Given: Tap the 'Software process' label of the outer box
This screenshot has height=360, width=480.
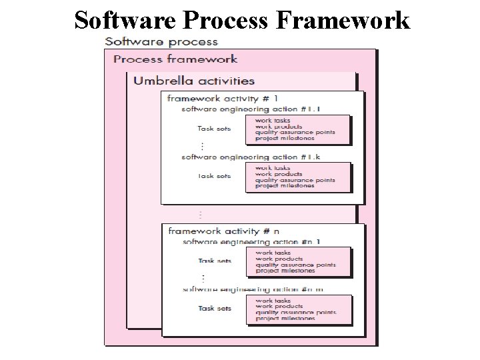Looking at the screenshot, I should (161, 41).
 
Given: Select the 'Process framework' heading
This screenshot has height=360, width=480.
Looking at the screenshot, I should (176, 59).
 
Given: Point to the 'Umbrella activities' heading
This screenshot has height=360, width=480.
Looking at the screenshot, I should (194, 81).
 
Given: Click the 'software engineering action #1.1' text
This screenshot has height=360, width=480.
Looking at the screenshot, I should (244, 109).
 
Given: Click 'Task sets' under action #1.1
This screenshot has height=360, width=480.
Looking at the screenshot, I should (214, 129).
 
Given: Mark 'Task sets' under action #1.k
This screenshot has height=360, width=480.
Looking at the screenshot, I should (214, 176).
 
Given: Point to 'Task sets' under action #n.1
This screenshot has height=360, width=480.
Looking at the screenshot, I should (214, 261).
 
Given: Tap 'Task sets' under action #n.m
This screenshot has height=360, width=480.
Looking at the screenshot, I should (214, 309).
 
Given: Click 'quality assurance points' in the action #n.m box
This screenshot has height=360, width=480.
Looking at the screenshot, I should (295, 312).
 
